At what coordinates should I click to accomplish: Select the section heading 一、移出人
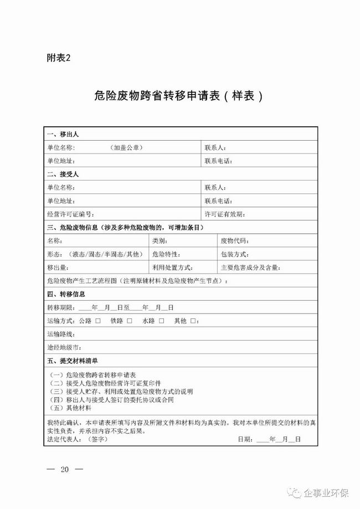pos(64,135)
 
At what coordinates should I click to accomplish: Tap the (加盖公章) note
pos(126,147)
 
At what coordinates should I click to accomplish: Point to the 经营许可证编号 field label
pos(71,214)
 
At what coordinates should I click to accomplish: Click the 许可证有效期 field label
pos(225,214)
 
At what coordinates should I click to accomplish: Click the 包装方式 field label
pos(234,255)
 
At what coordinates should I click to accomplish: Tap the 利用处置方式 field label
pos(172,268)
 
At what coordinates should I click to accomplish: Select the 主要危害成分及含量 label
pos(250,268)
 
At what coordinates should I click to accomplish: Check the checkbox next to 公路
pos(97,321)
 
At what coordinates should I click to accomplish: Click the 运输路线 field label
pos(61,335)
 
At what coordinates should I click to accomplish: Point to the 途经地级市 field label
pos(64,348)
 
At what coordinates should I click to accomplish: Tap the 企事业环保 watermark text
pos(326,493)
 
